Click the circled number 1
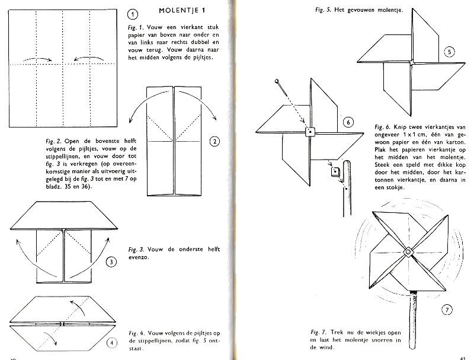click(133, 14)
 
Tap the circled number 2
click(214, 141)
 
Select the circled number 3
click(111, 262)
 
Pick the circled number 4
click(111, 342)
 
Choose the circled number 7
click(448, 310)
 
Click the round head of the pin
click(277, 79)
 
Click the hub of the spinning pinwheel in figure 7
click(408, 253)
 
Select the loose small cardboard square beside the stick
click(335, 173)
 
